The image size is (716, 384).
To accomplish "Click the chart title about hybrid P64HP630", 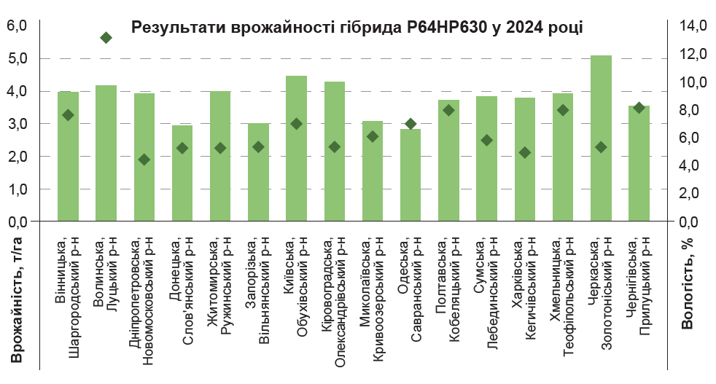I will (357, 28).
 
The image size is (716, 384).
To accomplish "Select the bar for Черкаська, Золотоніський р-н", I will (601, 138).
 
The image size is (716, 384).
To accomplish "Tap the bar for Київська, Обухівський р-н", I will (296, 149).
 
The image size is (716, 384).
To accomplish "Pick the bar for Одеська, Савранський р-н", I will (410, 176).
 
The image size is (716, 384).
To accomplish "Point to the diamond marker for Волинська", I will (106, 38).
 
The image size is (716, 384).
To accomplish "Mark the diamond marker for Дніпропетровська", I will (144, 160).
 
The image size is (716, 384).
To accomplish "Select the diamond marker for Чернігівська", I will (639, 108).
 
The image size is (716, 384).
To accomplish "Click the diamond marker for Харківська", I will (525, 152).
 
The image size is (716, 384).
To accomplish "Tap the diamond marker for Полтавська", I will (448, 110).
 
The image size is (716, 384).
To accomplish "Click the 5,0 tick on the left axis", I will (17, 58).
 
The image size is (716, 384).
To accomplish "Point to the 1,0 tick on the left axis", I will (17, 189).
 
